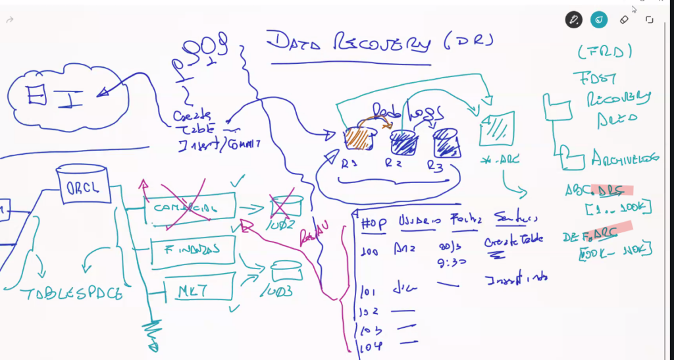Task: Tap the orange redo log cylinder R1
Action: tap(359, 136)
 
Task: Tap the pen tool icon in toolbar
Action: tap(574, 20)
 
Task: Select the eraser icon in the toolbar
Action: tap(625, 20)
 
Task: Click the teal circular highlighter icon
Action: tap(599, 20)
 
